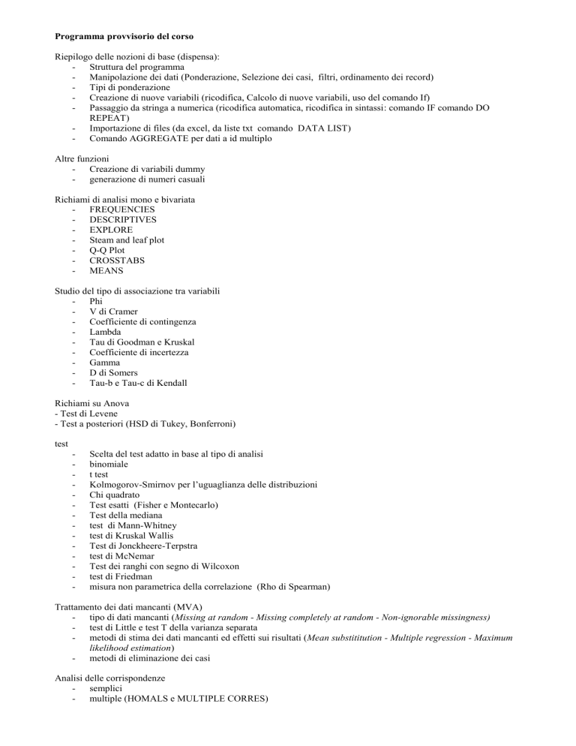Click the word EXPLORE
point(111,230)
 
